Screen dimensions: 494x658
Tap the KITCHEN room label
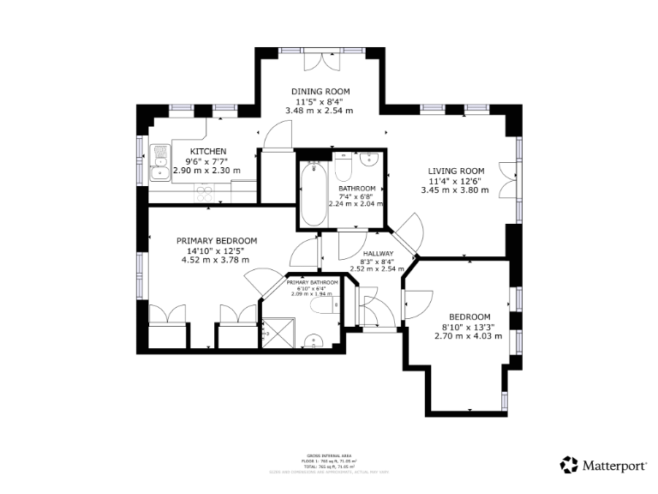pyautogui.click(x=207, y=152)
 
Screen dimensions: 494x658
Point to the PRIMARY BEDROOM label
pyautogui.click(x=217, y=241)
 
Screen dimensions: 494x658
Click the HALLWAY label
pyautogui.click(x=377, y=254)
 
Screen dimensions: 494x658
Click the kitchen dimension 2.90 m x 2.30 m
pyautogui.click(x=206, y=171)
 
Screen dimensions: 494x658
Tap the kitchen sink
pyautogui.click(x=159, y=163)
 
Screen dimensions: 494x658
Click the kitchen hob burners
pyautogui.click(x=204, y=194)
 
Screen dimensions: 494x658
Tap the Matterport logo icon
pyautogui.click(x=569, y=465)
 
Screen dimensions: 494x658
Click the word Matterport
pyautogui.click(x=615, y=466)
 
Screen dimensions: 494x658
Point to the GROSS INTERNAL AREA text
pyautogui.click(x=328, y=455)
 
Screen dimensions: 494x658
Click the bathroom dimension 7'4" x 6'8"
pyautogui.click(x=356, y=196)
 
